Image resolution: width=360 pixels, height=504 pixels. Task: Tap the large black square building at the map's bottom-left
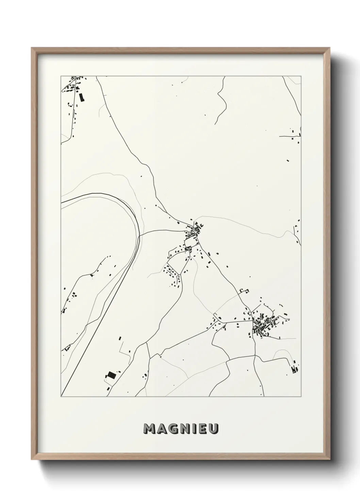(111, 375)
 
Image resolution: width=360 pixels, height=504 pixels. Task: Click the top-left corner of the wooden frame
(32, 48)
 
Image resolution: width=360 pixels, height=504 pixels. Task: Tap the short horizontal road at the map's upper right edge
(289, 136)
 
